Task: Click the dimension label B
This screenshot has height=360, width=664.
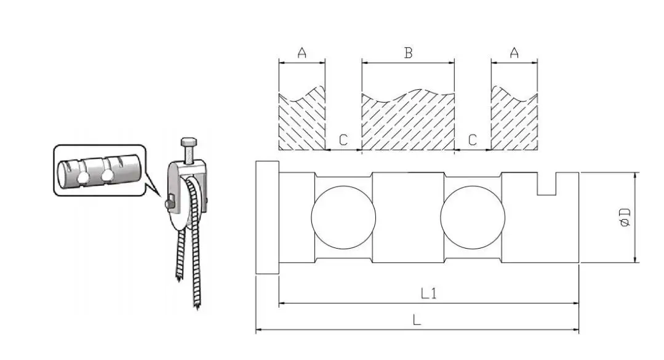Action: coord(407,53)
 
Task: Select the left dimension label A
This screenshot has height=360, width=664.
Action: coord(302,53)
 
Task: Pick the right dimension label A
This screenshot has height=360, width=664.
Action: coord(514,53)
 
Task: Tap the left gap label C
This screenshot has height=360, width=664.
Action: coord(343,140)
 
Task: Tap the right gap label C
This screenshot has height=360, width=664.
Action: coord(473,140)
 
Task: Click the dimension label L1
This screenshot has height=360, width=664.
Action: coord(428,294)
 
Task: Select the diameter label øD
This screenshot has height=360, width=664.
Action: coord(625,218)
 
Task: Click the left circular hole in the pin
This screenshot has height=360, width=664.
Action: coord(343,217)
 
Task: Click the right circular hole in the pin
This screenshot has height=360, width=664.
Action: coord(473,217)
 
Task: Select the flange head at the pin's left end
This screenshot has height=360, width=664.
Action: coord(267,217)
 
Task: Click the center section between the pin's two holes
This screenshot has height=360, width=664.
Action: coord(408,217)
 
